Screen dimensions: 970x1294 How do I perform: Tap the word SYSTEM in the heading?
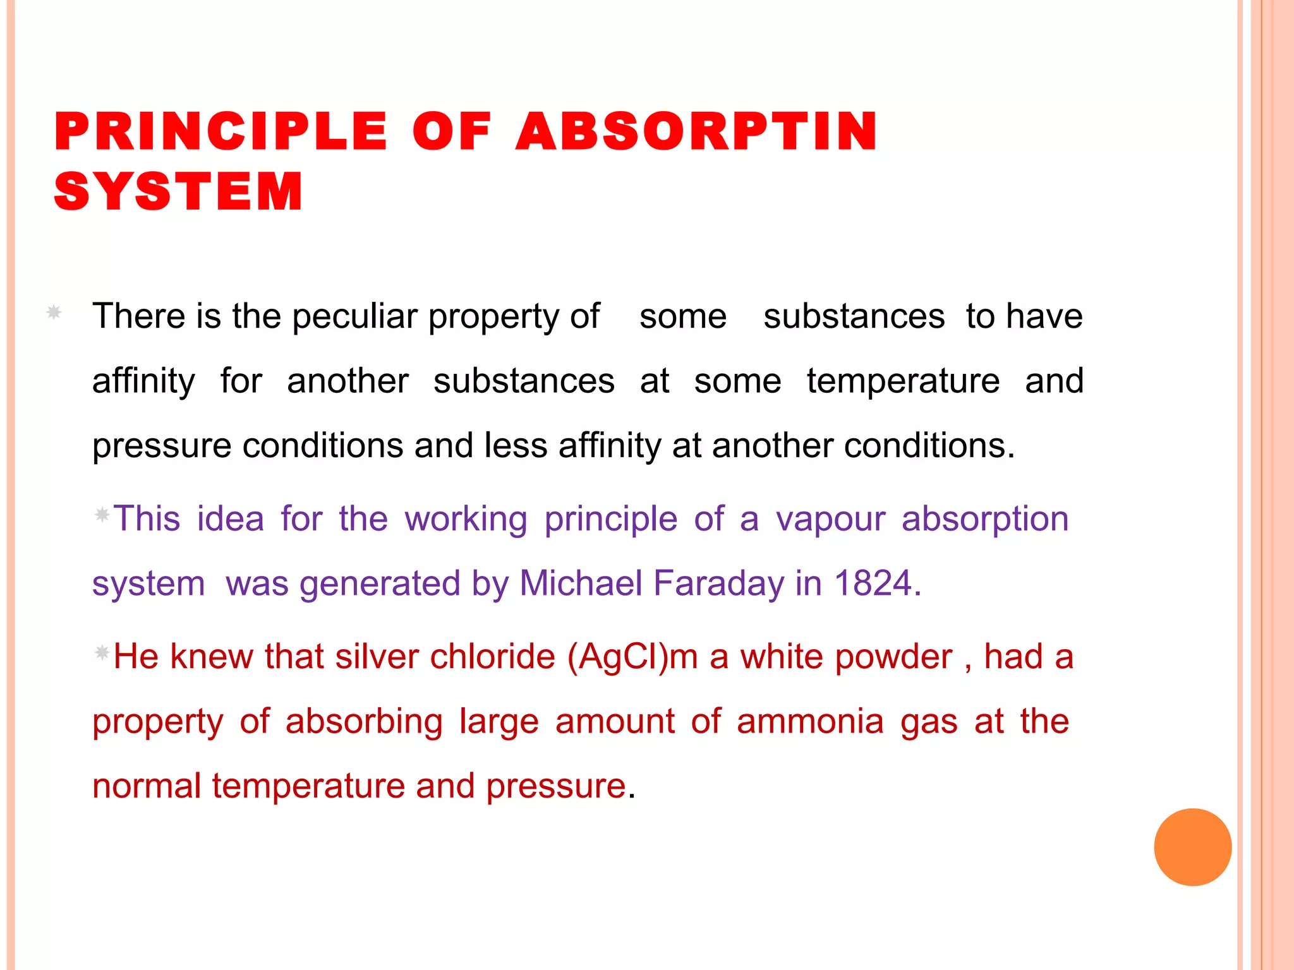click(x=179, y=191)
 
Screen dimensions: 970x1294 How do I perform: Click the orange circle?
click(x=1192, y=847)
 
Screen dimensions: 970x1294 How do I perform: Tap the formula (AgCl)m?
click(x=632, y=657)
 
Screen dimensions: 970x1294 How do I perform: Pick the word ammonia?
click(x=810, y=721)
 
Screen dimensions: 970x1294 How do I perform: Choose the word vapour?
click(x=830, y=519)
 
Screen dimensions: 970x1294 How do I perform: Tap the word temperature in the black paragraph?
click(x=903, y=381)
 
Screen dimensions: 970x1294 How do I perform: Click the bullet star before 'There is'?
click(x=54, y=312)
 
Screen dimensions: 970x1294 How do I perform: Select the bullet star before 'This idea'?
click(x=102, y=515)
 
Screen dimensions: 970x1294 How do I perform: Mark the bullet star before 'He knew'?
click(x=102, y=652)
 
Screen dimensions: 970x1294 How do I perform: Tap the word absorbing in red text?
click(x=364, y=721)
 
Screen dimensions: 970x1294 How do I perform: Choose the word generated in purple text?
click(x=380, y=584)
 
